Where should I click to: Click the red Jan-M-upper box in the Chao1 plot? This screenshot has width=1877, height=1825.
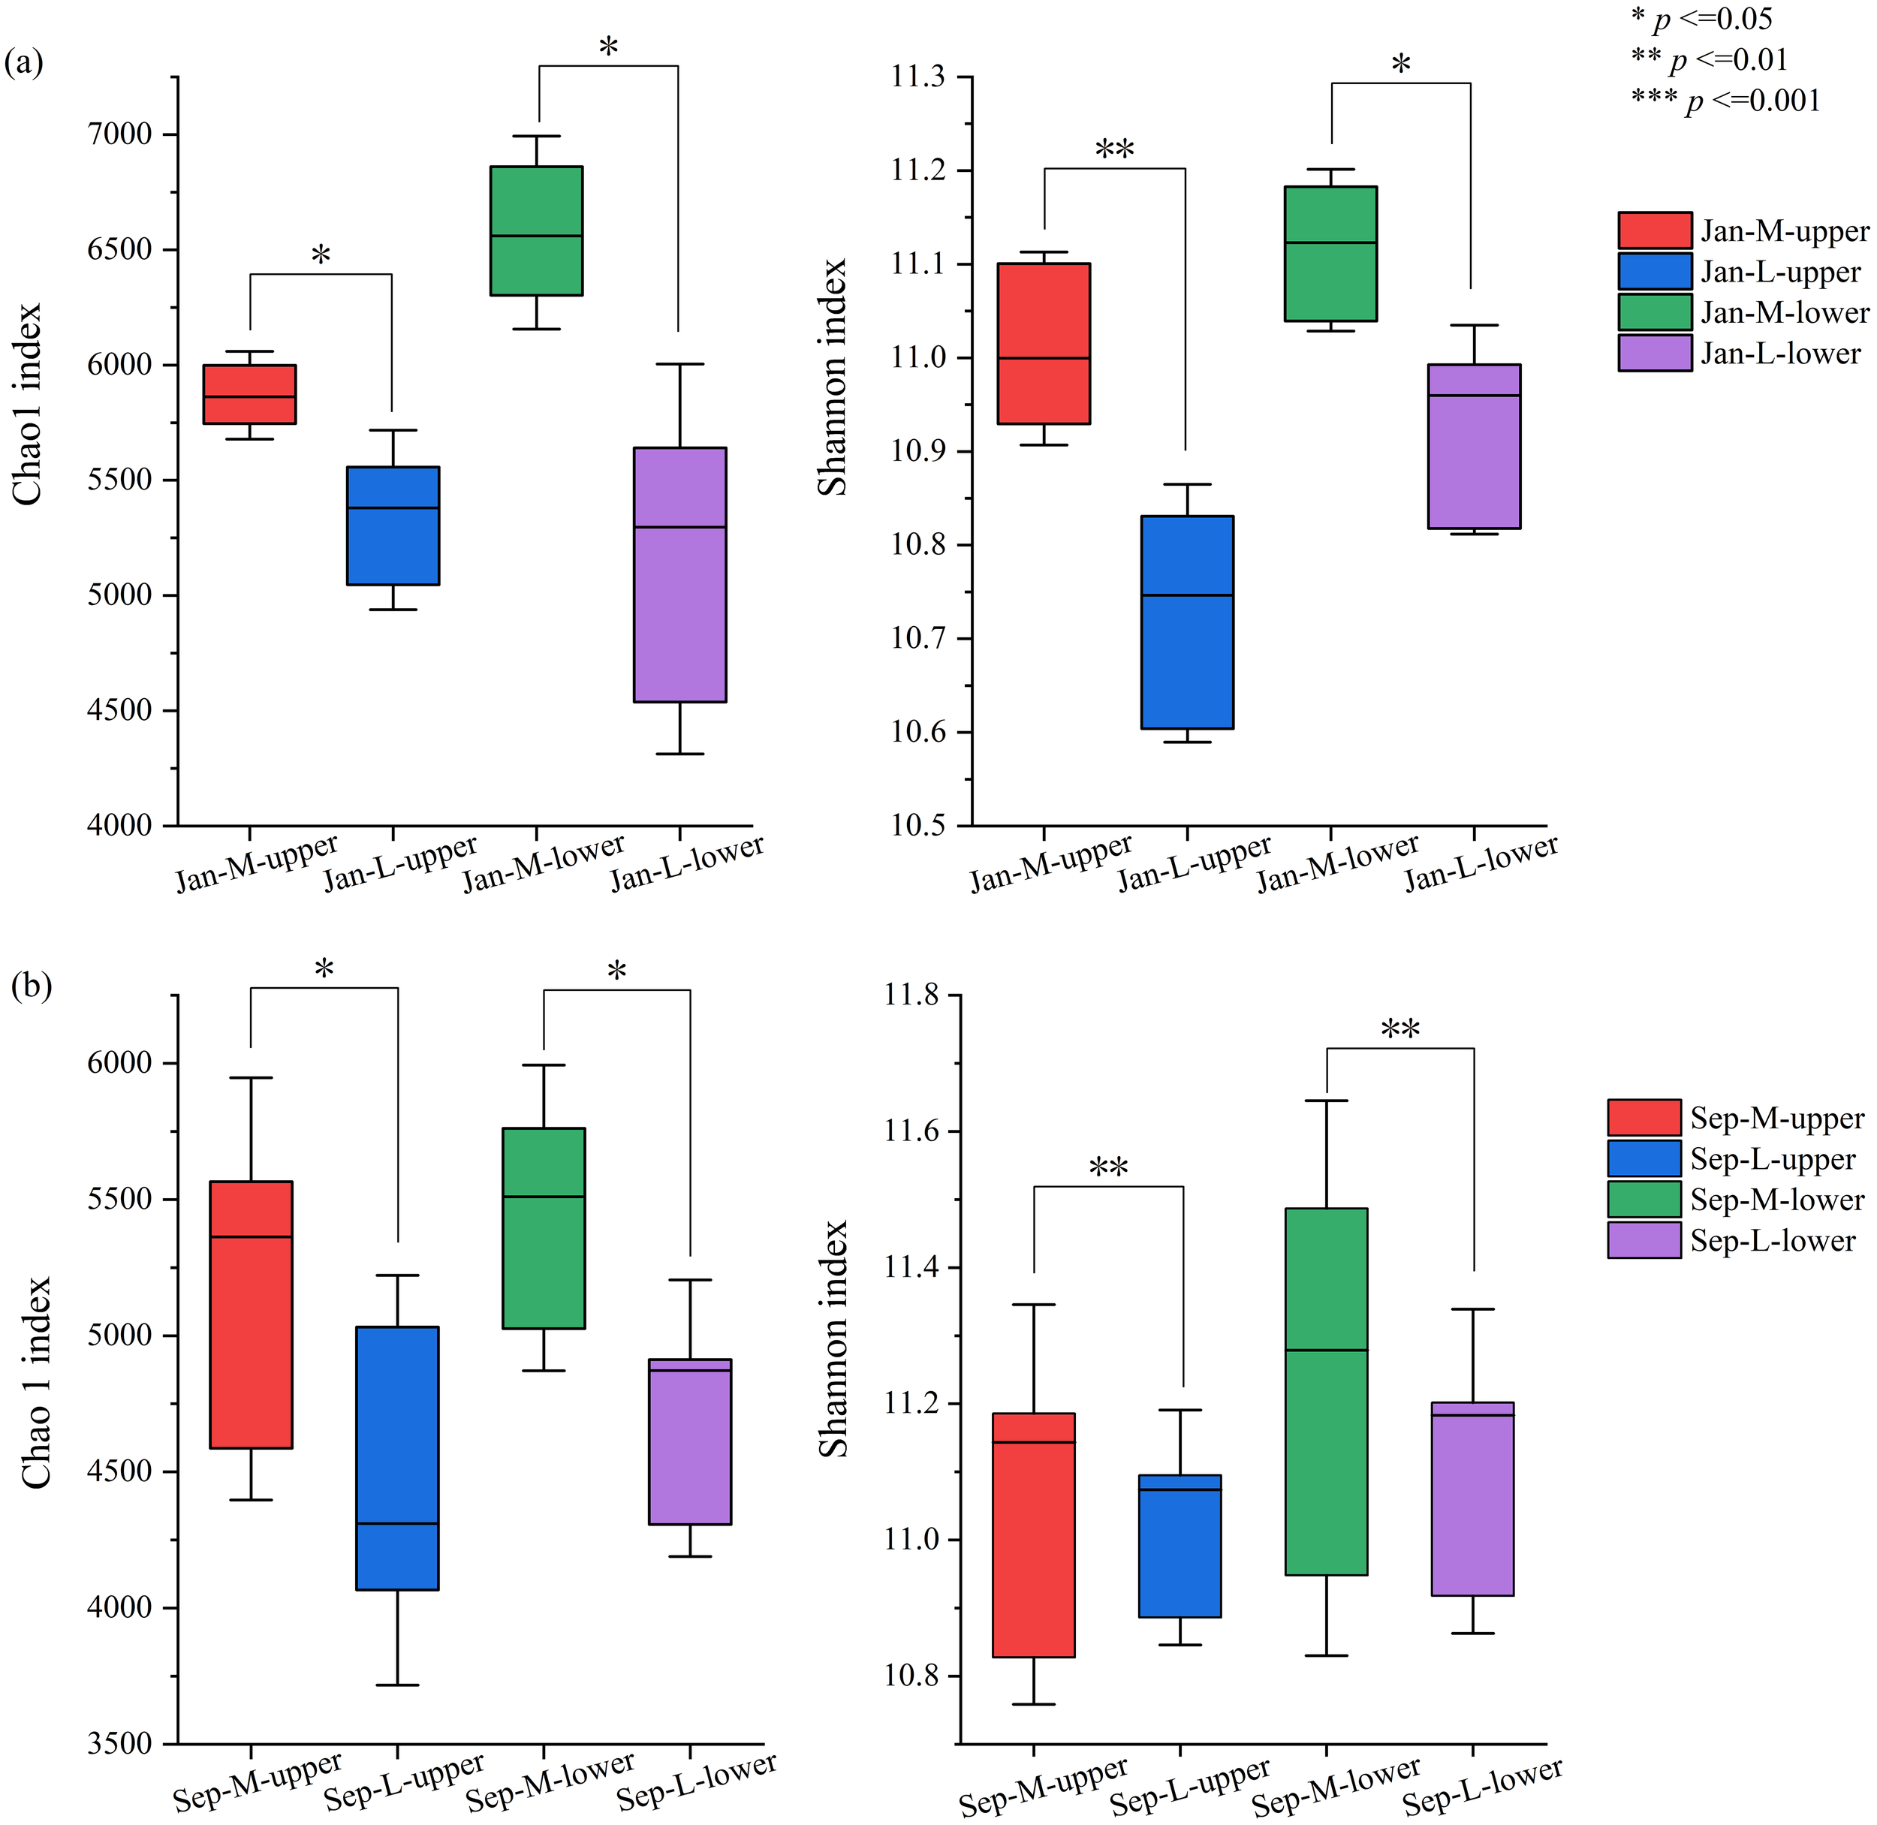249,394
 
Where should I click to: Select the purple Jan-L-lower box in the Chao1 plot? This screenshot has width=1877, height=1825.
679,575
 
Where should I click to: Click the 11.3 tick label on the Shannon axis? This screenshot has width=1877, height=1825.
918,77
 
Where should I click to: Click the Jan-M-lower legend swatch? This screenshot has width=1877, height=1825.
1655,312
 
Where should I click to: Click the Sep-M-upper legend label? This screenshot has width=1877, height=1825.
1777,1119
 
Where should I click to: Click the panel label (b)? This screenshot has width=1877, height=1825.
31,986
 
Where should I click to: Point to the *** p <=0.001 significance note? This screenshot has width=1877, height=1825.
1725,101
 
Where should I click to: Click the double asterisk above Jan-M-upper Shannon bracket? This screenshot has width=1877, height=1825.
1114,150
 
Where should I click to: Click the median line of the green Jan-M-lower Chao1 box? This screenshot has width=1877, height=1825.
536,236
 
